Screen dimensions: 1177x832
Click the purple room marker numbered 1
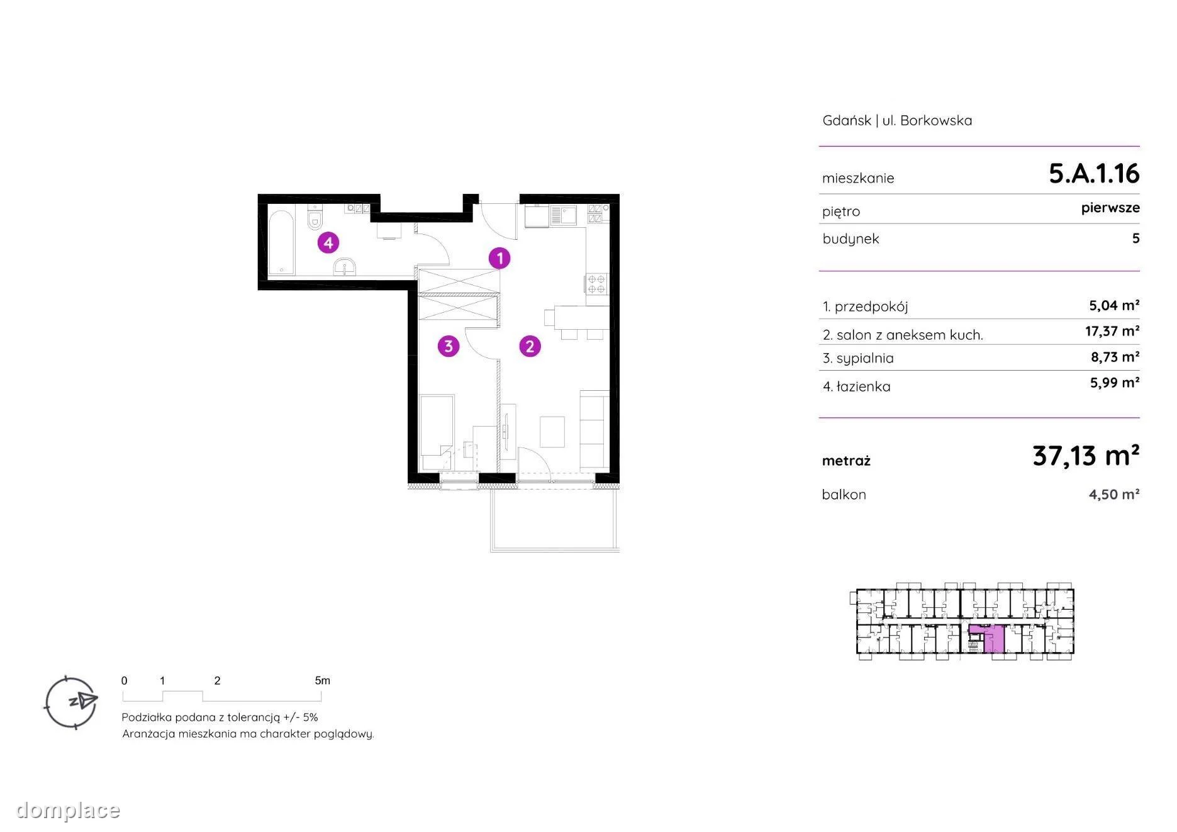tap(499, 258)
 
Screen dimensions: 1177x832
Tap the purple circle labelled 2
tap(530, 346)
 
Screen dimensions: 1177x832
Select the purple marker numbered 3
tap(449, 346)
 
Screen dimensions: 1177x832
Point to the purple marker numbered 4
tap(328, 242)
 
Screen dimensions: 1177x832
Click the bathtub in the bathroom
tap(281, 242)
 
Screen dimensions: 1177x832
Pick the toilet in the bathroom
tap(315, 217)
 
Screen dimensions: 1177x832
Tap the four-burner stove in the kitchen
tap(596, 284)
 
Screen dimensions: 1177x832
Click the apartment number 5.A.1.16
tap(1094, 173)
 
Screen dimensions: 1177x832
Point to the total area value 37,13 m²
tap(1086, 455)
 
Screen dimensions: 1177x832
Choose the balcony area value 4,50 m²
tap(1114, 494)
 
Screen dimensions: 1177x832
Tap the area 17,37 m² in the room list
tap(1112, 331)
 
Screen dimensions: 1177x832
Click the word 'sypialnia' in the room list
tap(865, 359)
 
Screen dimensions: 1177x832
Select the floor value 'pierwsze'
tap(1110, 208)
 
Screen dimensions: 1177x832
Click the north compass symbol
tap(71, 702)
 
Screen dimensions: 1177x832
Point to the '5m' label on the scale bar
tap(322, 680)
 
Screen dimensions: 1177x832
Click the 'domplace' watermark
tap(68, 810)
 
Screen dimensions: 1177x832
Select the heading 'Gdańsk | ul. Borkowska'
tap(897, 120)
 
